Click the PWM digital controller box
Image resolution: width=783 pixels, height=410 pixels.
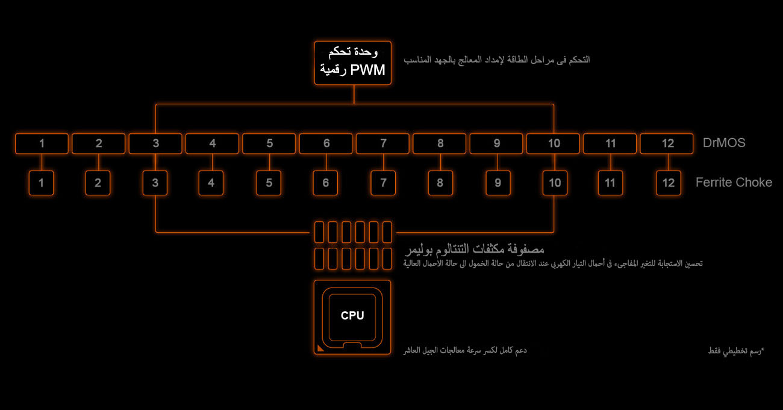click(353, 63)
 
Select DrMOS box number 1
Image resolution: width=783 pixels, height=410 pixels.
click(42, 143)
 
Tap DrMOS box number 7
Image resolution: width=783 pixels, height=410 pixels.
click(383, 143)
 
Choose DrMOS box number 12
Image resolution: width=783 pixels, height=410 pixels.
click(667, 143)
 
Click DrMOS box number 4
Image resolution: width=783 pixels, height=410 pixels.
click(212, 143)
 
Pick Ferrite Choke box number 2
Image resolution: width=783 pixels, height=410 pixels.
click(98, 183)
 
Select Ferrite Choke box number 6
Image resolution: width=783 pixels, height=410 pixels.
click(326, 183)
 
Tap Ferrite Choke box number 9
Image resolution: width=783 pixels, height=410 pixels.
click(498, 183)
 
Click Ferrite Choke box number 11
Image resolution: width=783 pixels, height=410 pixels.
click(611, 183)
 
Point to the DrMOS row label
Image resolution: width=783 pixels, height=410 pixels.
click(724, 143)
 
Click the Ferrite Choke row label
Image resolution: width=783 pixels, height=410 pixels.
click(734, 182)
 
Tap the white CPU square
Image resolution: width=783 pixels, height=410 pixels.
click(352, 315)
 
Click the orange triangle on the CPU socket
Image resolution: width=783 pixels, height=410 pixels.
click(320, 348)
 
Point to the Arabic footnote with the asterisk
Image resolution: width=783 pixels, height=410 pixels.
click(735, 350)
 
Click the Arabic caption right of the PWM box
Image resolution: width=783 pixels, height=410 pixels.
click(496, 60)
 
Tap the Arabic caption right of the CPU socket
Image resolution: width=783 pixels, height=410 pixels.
click(465, 350)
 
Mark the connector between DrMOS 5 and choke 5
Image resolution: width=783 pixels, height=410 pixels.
click(269, 162)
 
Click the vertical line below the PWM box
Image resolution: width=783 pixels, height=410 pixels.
click(354, 94)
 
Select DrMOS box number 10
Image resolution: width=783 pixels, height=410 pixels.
click(554, 143)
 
